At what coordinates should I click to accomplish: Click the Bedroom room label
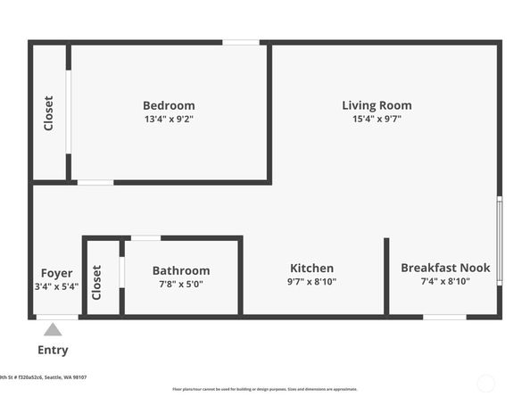[x=169, y=105]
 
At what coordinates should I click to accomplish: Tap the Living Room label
[x=377, y=105]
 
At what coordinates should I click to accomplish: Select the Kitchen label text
[x=311, y=269]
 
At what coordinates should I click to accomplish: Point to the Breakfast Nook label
[x=445, y=268]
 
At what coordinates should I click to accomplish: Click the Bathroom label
[x=181, y=271]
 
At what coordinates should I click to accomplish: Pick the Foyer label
[x=57, y=273]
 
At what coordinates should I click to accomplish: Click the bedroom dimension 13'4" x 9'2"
[x=169, y=119]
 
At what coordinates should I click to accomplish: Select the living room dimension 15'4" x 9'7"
[x=377, y=119]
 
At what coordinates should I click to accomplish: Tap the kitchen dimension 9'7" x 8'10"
[x=311, y=282]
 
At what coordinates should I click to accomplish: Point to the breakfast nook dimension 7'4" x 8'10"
[x=445, y=281]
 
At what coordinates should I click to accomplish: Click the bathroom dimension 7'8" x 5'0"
[x=181, y=285]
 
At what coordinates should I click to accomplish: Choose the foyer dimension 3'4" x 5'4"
[x=57, y=286]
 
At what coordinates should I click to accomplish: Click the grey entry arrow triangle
[x=54, y=330]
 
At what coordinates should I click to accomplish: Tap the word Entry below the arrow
[x=53, y=350]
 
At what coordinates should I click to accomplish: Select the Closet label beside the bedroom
[x=48, y=113]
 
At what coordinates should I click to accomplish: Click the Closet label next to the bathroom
[x=96, y=283]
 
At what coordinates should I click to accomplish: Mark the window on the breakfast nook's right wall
[x=500, y=239]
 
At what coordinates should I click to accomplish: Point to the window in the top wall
[x=241, y=42]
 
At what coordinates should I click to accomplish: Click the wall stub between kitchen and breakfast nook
[x=386, y=276]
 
